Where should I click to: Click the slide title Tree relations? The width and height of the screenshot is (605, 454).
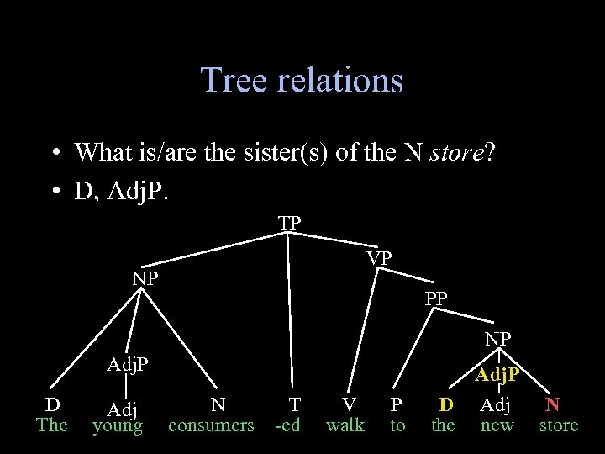(x=302, y=81)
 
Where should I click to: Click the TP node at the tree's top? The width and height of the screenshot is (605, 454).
(x=290, y=223)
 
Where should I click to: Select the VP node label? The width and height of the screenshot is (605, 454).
(x=379, y=258)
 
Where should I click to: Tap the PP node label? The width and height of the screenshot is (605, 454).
(x=436, y=298)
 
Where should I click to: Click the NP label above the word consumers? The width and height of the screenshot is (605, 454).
(x=145, y=278)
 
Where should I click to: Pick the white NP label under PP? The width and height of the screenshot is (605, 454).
(x=498, y=339)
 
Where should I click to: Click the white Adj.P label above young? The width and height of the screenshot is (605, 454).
(x=128, y=365)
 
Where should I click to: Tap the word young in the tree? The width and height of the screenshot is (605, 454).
(x=117, y=425)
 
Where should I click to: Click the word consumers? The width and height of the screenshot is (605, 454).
(x=211, y=425)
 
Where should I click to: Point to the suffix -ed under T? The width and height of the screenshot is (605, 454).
(x=288, y=425)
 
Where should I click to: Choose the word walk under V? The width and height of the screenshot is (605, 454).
(x=345, y=425)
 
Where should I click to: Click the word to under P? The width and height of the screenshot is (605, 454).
(x=397, y=425)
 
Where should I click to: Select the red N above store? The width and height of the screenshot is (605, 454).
(x=553, y=404)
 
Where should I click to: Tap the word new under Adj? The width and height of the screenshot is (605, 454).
(x=497, y=425)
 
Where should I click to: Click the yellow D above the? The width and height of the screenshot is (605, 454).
(x=447, y=404)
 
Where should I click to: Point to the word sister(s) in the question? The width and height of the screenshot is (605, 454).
(x=287, y=153)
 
